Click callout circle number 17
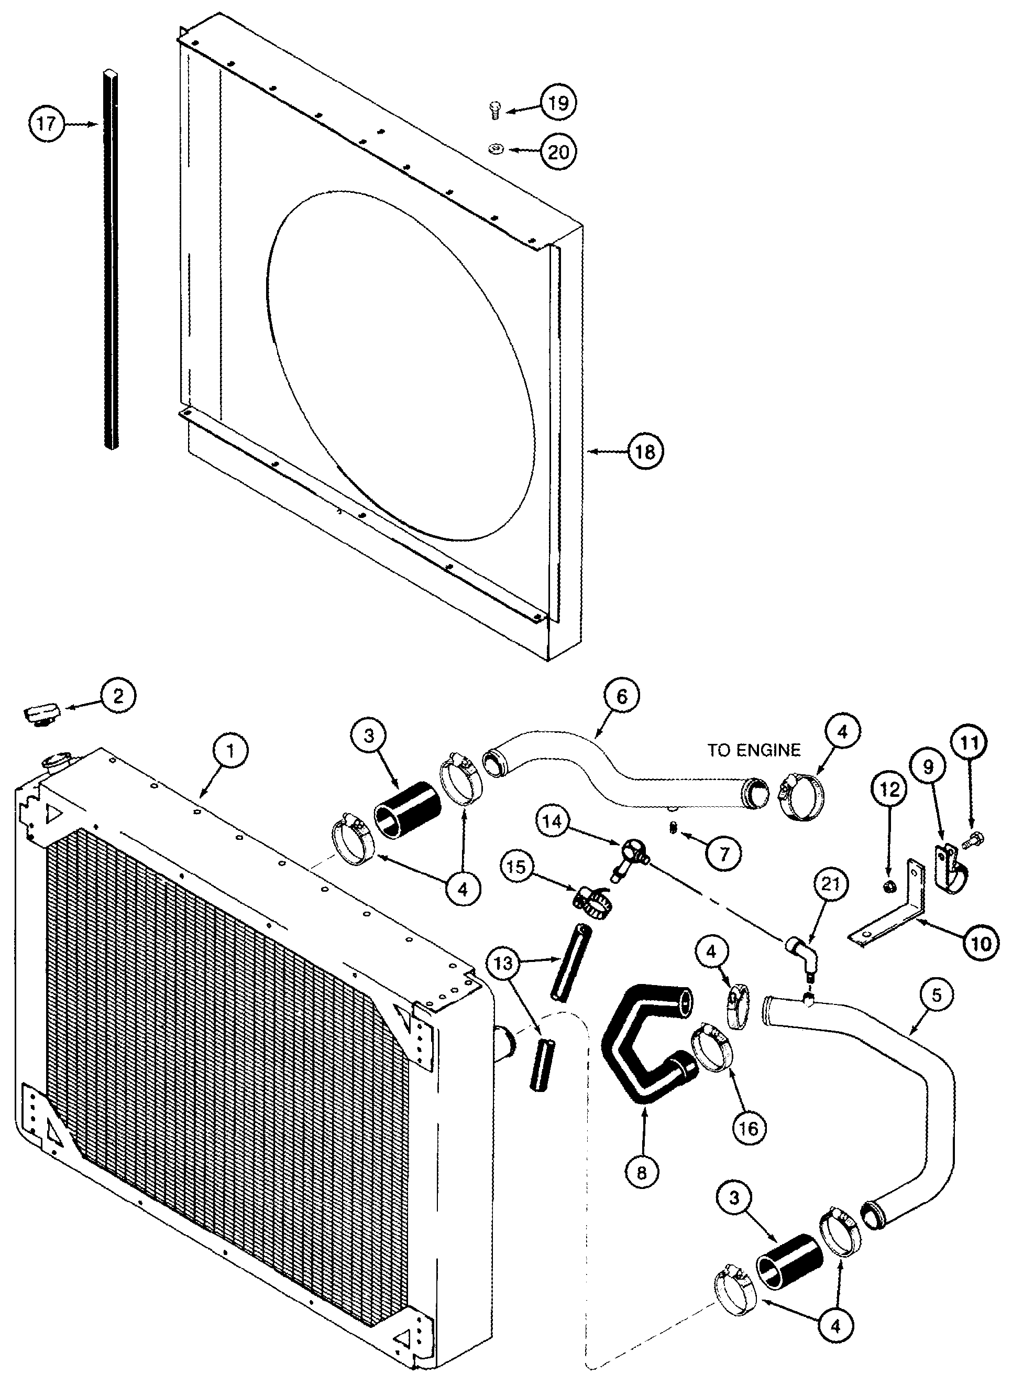click(47, 124)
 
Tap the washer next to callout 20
click(496, 149)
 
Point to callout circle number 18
click(645, 452)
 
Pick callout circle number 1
click(230, 752)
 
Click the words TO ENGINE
click(754, 750)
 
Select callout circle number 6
click(621, 697)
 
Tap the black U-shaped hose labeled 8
click(637, 1050)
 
